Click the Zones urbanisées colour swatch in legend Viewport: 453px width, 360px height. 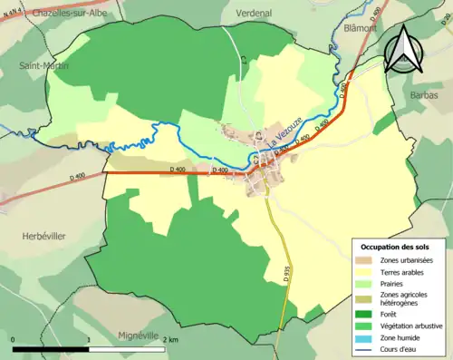[366, 260]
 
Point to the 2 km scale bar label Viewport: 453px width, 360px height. [169, 339]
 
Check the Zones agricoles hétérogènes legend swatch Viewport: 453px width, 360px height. [366, 298]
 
